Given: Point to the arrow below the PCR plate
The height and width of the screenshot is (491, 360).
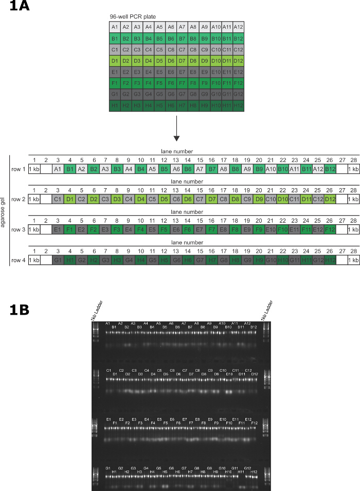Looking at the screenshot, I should click(x=176, y=129).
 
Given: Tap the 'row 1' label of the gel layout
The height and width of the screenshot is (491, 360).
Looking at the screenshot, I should click(x=18, y=169).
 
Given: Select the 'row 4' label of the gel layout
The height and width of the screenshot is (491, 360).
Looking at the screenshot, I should click(x=18, y=260).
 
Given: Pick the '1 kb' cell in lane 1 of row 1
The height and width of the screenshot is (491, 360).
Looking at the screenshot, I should click(x=34, y=169).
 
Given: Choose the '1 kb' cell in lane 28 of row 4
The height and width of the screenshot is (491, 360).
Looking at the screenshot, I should click(x=353, y=260).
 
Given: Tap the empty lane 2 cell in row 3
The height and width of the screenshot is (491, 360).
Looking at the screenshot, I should click(x=46, y=230).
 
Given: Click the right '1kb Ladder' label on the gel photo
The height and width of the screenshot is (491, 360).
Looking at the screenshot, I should click(x=266, y=312).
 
